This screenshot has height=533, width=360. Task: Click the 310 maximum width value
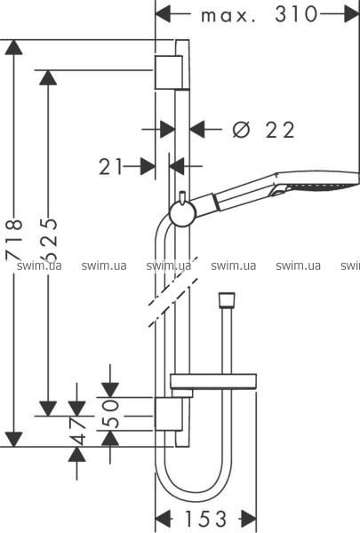point(296,14)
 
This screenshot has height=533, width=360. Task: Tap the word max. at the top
point(228,16)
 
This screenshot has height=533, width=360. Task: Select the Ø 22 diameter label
point(263,130)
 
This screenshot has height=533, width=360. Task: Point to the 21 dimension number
point(110,167)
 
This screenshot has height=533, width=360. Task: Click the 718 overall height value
point(14,241)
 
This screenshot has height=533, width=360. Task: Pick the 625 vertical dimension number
point(48,237)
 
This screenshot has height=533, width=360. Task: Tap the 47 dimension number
point(77,432)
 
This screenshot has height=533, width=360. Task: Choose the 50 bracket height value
point(110,414)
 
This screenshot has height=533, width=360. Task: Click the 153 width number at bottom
point(205,519)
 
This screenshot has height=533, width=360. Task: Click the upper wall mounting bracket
point(168,72)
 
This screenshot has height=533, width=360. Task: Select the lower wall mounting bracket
point(168,414)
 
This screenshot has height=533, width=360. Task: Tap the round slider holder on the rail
point(182,214)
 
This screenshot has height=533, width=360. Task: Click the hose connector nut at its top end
point(227,300)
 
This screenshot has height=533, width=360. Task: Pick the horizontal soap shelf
point(213,382)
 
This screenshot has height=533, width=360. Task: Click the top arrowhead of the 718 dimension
point(14,47)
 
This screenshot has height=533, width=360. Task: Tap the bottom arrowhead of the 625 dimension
point(48,409)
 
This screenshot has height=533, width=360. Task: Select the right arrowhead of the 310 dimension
point(352,14)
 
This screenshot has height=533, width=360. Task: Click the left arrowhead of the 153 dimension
point(163,519)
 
